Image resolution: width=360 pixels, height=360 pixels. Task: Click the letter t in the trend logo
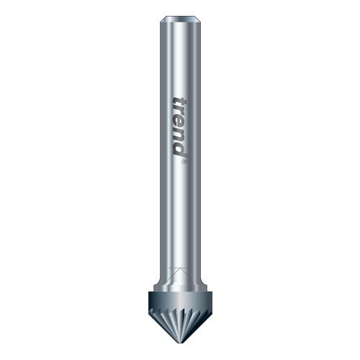point(179,103)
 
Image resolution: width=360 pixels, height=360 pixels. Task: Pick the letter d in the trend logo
point(179,149)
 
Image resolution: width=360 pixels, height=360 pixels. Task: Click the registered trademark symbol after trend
point(184,162)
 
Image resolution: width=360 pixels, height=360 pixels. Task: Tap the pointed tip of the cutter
point(180,343)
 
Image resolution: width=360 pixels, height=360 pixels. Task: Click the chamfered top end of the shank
point(180,19)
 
